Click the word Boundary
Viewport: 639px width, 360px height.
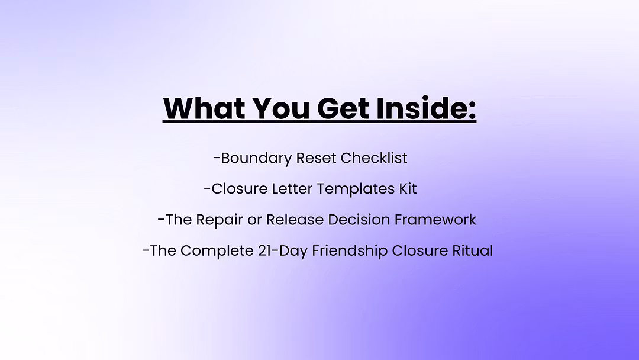(256, 158)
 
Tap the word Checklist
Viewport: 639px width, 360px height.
(374, 157)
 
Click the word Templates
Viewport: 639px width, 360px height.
(356, 189)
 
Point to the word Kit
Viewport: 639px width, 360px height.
(408, 189)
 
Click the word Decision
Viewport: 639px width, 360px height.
(359, 220)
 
